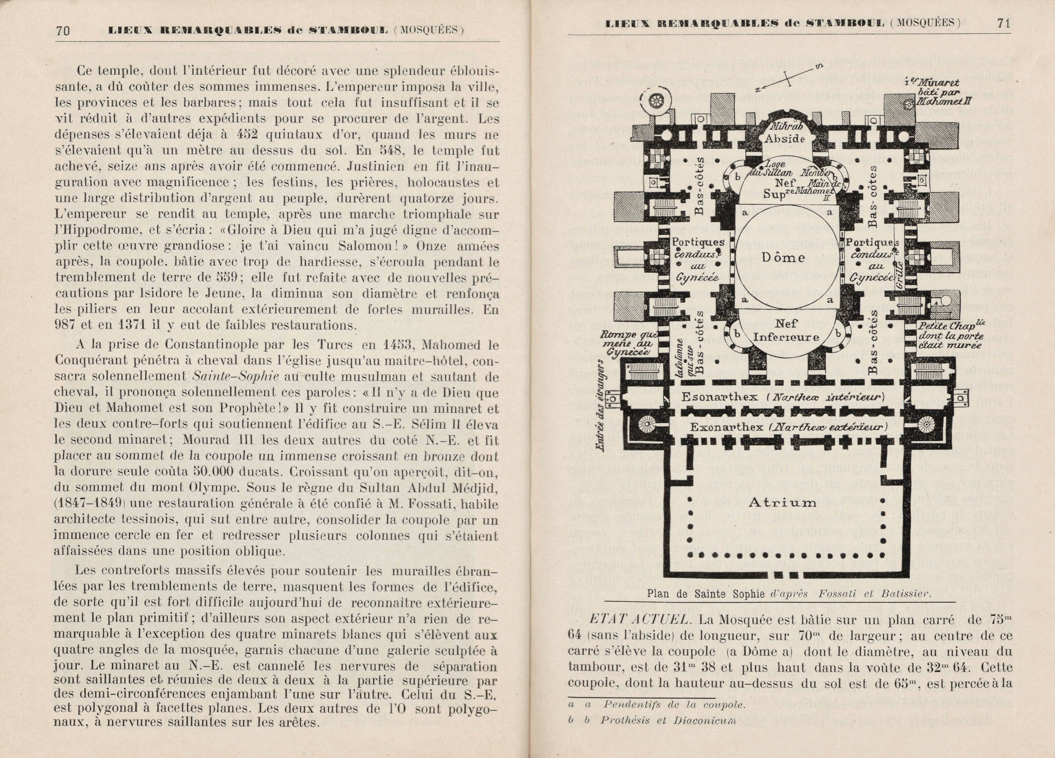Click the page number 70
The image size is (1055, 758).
coord(63,31)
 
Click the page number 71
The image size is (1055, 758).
coord(1003,23)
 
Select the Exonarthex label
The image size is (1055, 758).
coord(726,427)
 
